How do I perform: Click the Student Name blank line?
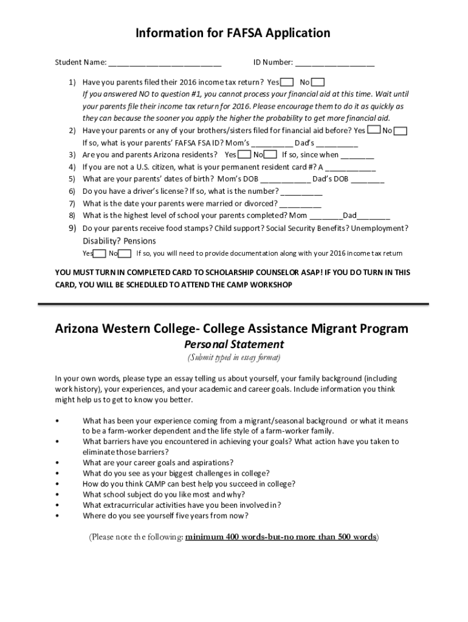click(165, 63)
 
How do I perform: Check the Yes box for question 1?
click(287, 82)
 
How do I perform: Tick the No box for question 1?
click(318, 82)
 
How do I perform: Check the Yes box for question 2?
click(374, 130)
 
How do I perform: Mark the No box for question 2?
click(401, 131)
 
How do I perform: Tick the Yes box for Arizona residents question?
click(244, 154)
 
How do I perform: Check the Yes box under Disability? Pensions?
click(100, 253)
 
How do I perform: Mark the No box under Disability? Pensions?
click(125, 253)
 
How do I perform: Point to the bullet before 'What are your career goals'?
click(57, 463)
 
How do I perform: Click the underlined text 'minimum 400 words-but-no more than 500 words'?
click(281, 537)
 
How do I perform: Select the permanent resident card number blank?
click(351, 167)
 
